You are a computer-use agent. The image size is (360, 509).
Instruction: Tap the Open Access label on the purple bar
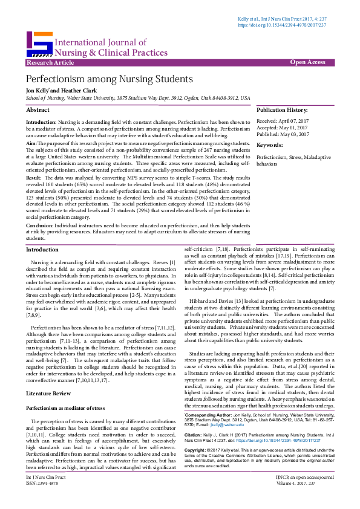pyautogui.click(x=307, y=62)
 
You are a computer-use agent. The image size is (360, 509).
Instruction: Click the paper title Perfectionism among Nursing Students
pyautogui.click(x=109, y=79)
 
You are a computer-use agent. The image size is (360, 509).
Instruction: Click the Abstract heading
pyautogui.click(x=38, y=110)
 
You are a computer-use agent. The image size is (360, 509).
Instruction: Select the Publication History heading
pyautogui.click(x=282, y=110)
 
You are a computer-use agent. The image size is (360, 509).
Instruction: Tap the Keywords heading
pyautogui.click(x=270, y=145)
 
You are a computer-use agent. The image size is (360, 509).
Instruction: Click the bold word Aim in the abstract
pyautogui.click(x=30, y=144)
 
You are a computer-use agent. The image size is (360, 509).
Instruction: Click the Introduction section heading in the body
pyautogui.click(x=42, y=249)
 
